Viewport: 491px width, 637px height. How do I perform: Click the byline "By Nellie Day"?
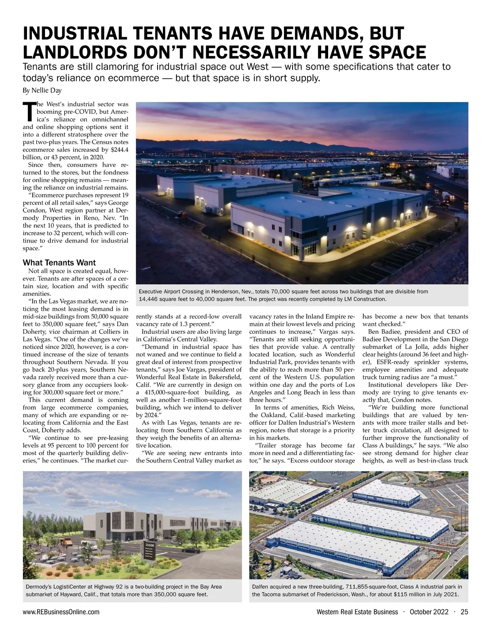[42, 90]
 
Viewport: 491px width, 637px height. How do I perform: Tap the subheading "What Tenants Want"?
[59, 263]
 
